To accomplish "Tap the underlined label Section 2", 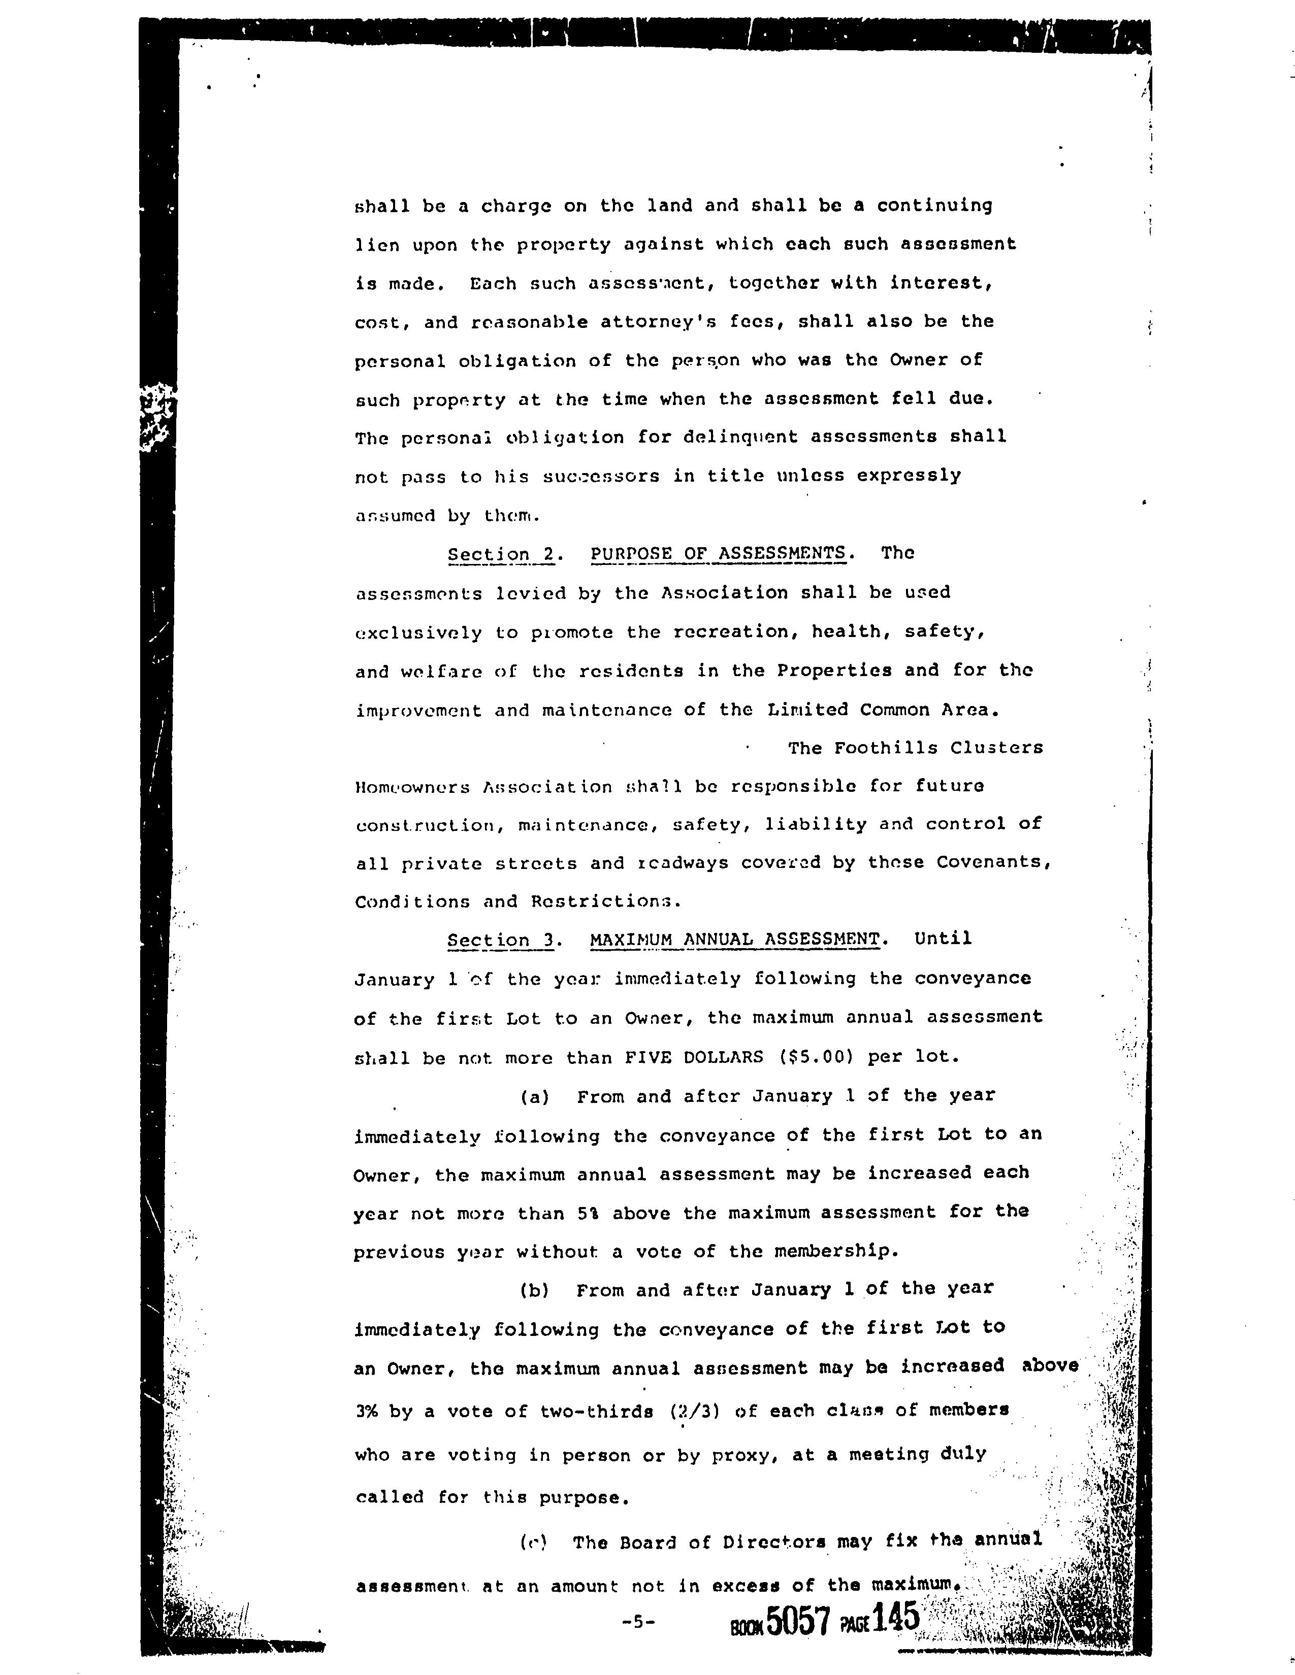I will (501, 554).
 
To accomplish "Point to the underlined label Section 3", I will (501, 940).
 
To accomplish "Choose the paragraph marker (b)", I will (535, 1290).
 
